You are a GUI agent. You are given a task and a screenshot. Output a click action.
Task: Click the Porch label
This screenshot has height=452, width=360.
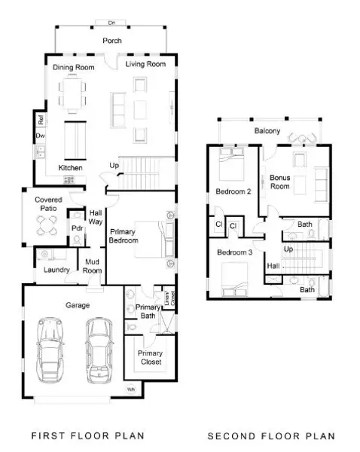(x=111, y=41)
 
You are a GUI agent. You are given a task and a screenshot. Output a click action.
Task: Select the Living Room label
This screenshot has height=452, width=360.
(x=145, y=64)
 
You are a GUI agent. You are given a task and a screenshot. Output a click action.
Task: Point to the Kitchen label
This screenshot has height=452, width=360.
(x=71, y=167)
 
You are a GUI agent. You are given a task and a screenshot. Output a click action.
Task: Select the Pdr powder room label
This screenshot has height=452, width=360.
(x=76, y=228)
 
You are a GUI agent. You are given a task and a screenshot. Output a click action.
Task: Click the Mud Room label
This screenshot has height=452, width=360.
(x=93, y=265)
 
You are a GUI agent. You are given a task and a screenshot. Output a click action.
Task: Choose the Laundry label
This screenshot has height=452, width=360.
(x=56, y=270)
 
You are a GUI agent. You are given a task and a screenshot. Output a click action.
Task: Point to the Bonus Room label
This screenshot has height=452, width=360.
(x=280, y=182)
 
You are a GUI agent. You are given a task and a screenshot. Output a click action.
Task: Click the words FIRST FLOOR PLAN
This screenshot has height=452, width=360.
(x=87, y=436)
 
